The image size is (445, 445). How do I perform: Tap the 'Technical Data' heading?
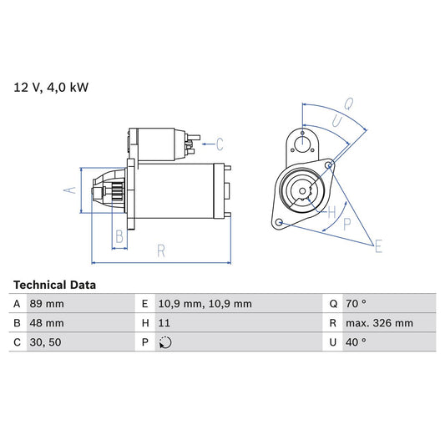[54, 285]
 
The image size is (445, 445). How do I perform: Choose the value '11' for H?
[163, 322]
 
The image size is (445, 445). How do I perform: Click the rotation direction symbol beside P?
[164, 341]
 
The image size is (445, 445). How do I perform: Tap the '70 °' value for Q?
[356, 304]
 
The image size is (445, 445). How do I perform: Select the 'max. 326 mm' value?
[381, 322]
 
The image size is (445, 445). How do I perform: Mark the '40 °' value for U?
[356, 341]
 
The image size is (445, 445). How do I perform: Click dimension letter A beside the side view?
[70, 190]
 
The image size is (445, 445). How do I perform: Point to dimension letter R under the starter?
[160, 249]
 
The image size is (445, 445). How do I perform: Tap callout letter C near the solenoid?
[220, 142]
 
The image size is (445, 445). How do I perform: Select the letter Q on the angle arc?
[348, 106]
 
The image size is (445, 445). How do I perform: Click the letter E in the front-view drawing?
[378, 245]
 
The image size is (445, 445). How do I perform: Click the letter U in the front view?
[336, 122]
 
